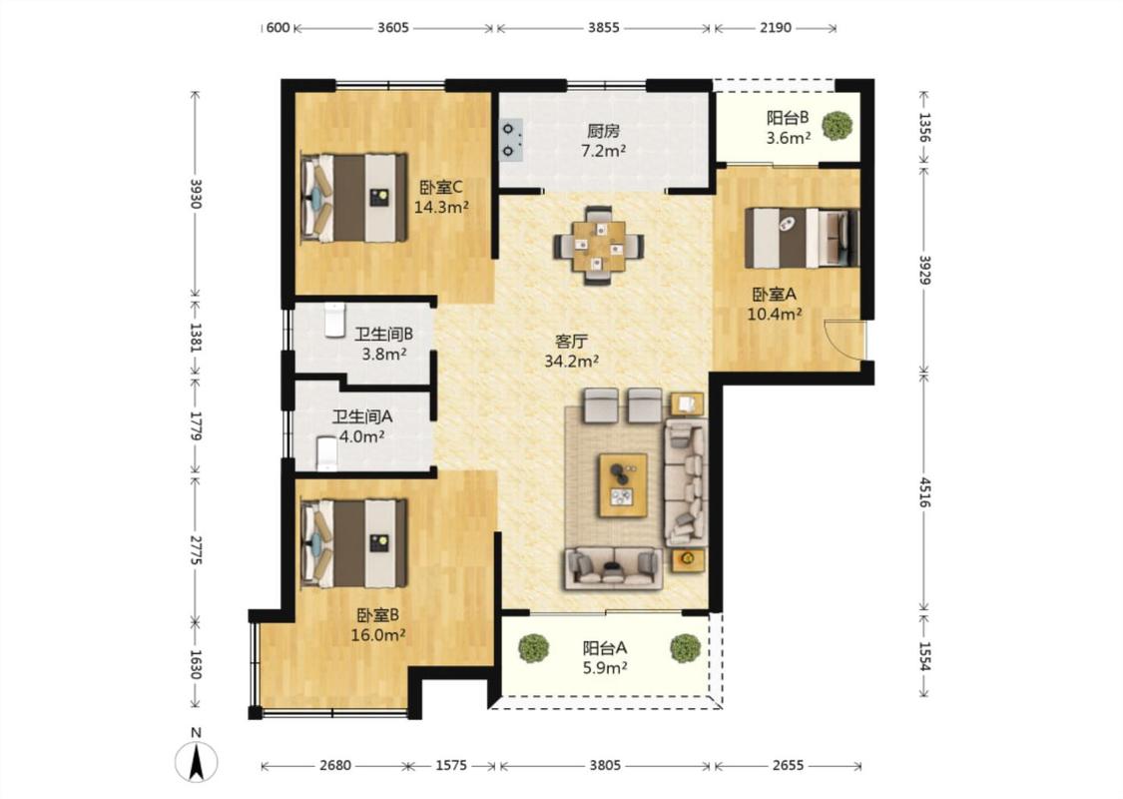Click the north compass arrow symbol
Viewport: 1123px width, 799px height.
click(197, 762)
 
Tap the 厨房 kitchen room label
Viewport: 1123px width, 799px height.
click(603, 131)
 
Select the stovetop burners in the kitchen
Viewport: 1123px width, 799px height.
click(511, 140)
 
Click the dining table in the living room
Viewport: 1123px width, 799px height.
click(598, 246)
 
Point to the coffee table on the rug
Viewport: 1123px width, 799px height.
click(622, 484)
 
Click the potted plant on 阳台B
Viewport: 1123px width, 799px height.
click(837, 126)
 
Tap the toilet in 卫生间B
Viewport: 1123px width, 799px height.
click(334, 320)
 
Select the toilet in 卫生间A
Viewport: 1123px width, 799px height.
click(326, 453)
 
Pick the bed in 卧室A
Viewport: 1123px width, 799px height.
click(802, 238)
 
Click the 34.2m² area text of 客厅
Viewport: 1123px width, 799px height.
click(572, 362)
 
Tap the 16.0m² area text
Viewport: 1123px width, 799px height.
click(378, 635)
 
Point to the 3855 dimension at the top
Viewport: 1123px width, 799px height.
click(604, 28)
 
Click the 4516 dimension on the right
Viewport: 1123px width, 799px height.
click(924, 492)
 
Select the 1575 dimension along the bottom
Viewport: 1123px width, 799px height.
click(451, 765)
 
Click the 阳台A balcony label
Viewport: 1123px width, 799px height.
click(605, 648)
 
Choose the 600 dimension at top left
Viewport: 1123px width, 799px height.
click(278, 28)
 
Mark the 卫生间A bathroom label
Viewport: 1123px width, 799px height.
click(362, 416)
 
